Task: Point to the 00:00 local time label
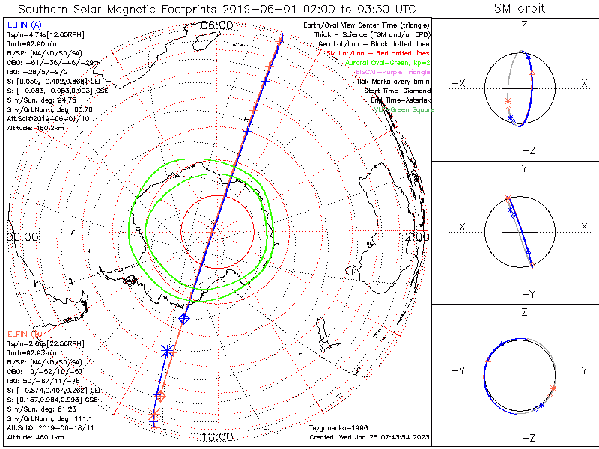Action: (x=22, y=236)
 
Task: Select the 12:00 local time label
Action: (x=414, y=236)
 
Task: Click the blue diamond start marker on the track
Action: (x=184, y=319)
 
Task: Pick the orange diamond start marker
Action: (x=159, y=396)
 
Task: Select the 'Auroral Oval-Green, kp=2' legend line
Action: (x=386, y=63)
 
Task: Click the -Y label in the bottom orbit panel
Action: (x=459, y=371)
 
